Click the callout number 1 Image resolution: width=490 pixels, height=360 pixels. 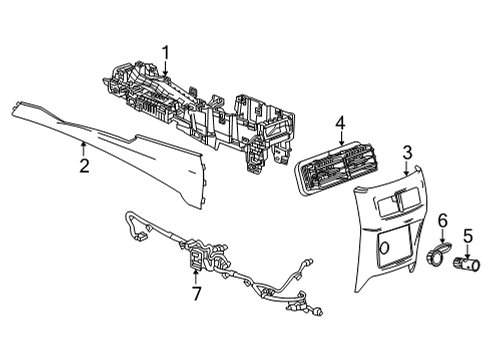coord(167,53)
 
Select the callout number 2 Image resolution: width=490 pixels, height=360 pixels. coord(84,164)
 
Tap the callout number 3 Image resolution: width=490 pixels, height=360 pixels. coord(407,151)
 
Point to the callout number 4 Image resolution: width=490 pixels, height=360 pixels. coord(340,125)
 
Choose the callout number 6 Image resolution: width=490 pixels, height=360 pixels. coord(443,220)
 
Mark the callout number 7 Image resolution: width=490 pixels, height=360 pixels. coord(196,294)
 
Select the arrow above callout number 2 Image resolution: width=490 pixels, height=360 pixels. coord(84,146)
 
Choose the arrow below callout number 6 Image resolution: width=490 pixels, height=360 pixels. coord(443,236)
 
